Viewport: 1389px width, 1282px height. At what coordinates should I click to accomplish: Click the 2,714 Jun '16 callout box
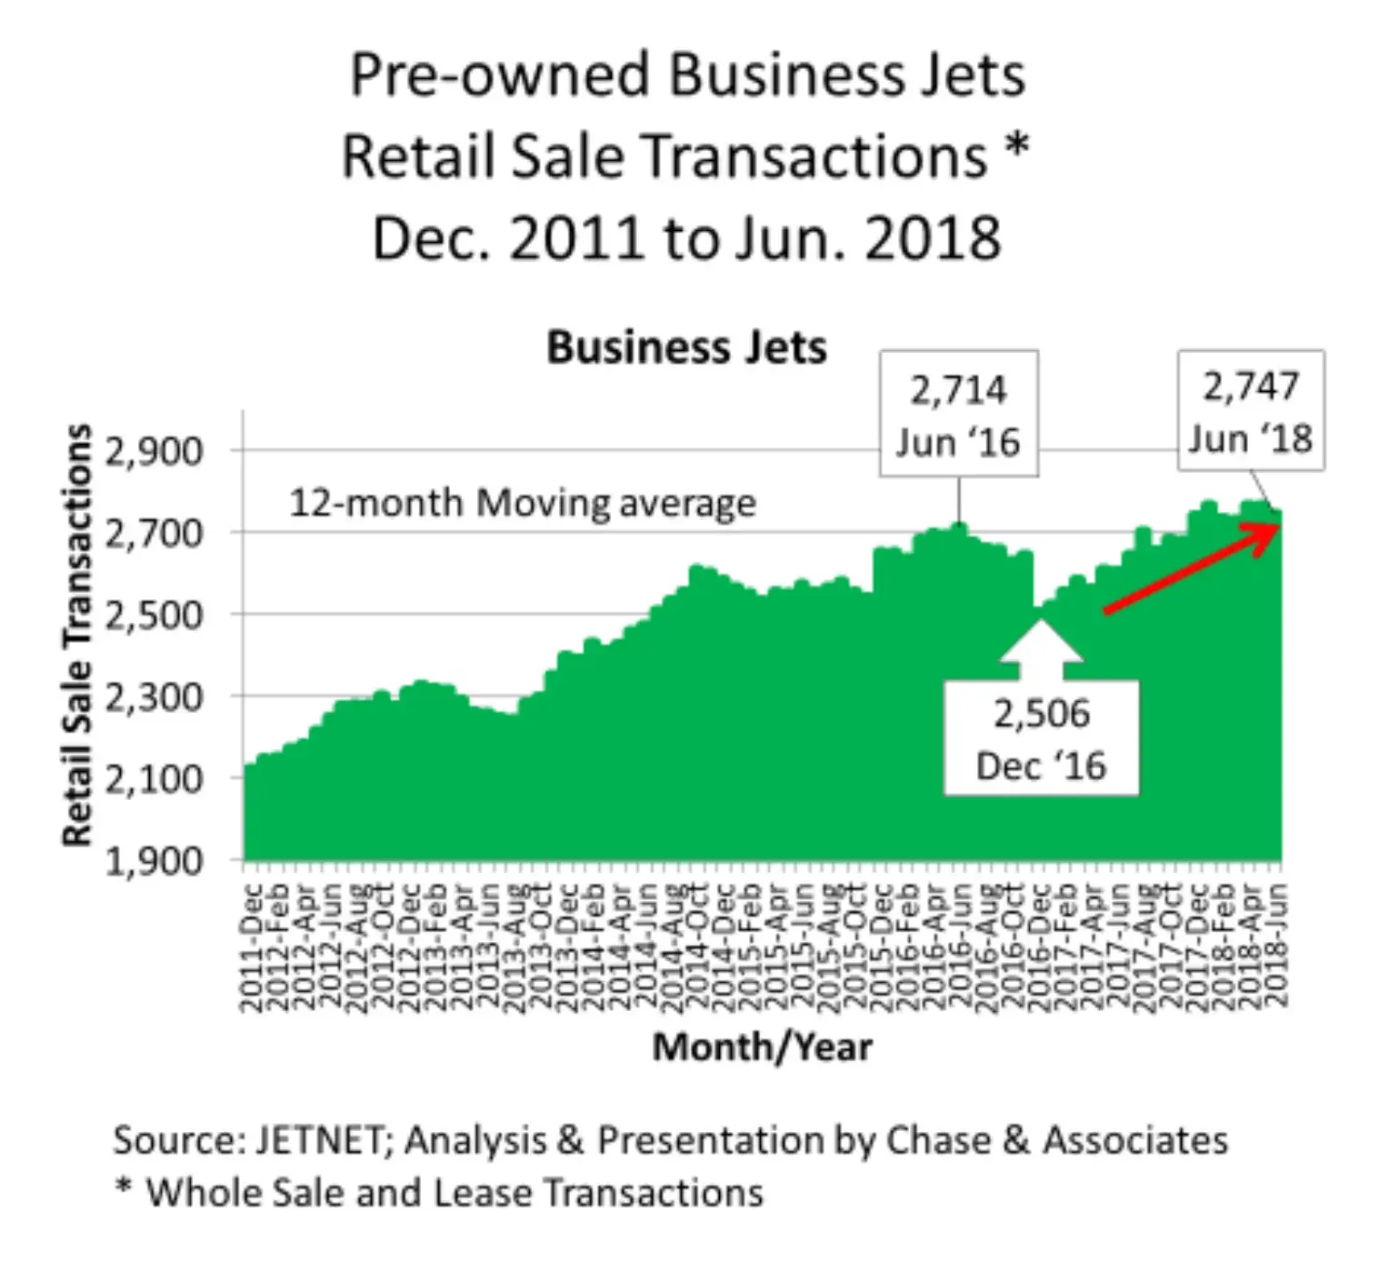(x=958, y=415)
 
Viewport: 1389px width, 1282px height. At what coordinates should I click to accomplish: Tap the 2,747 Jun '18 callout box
(x=1251, y=411)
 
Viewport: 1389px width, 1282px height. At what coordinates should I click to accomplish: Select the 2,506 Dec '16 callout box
(x=1041, y=739)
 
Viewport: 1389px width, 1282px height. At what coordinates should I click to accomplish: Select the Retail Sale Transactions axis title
(x=78, y=635)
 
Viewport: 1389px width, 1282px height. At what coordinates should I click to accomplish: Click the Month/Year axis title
(x=762, y=1047)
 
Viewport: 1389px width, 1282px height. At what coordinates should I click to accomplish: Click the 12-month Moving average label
(x=522, y=503)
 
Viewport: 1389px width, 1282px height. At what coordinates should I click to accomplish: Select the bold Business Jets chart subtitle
(x=686, y=348)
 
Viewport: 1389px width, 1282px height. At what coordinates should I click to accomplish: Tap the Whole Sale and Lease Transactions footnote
(x=455, y=1193)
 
